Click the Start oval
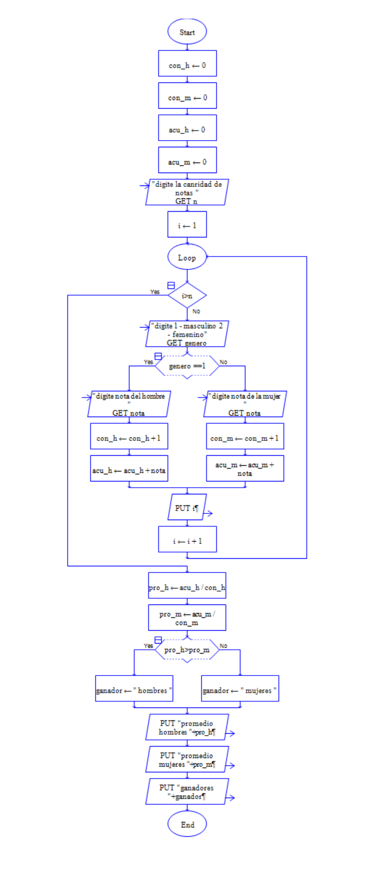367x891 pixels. (187, 32)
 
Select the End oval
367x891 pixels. (187, 824)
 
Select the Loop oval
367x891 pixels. (187, 257)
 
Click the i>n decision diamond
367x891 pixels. (187, 296)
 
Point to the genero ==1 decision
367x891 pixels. (187, 366)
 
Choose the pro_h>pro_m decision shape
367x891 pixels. (187, 650)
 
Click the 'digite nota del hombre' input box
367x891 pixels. (129, 404)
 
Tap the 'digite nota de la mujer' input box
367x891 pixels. (245, 404)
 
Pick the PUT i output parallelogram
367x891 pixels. (187, 507)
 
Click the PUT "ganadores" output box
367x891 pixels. (187, 792)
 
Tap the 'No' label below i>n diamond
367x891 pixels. (196, 311)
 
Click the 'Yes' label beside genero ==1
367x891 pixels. (148, 362)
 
